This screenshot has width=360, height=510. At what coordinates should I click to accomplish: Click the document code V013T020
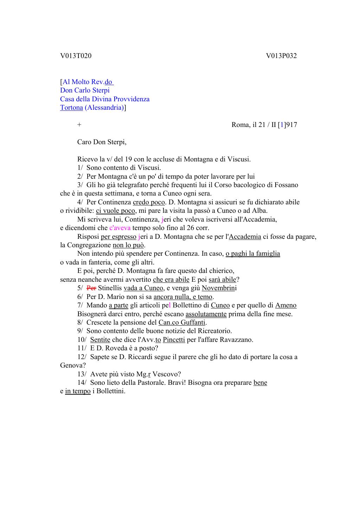(76, 56)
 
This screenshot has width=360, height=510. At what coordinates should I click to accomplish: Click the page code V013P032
(281, 56)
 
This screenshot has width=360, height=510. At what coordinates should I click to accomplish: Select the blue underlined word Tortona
(71, 108)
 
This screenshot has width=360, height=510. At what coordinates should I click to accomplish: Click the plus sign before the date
(79, 125)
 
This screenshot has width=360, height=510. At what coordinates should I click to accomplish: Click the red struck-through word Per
(91, 288)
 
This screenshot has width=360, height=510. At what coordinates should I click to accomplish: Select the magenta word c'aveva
(120, 228)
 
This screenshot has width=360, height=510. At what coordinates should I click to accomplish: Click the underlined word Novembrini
(219, 288)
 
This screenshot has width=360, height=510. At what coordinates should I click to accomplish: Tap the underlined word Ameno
(286, 305)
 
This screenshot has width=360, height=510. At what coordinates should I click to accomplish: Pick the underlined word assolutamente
(206, 314)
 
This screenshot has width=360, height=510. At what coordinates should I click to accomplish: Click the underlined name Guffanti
(193, 323)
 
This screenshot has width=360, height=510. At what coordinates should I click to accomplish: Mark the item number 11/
(82, 348)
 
